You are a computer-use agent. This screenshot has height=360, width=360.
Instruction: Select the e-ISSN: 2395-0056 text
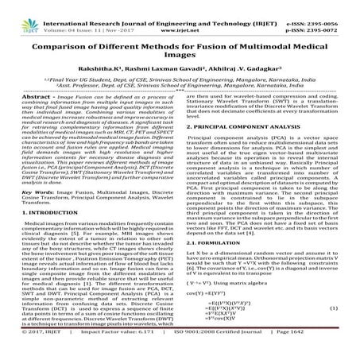click(326, 7)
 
